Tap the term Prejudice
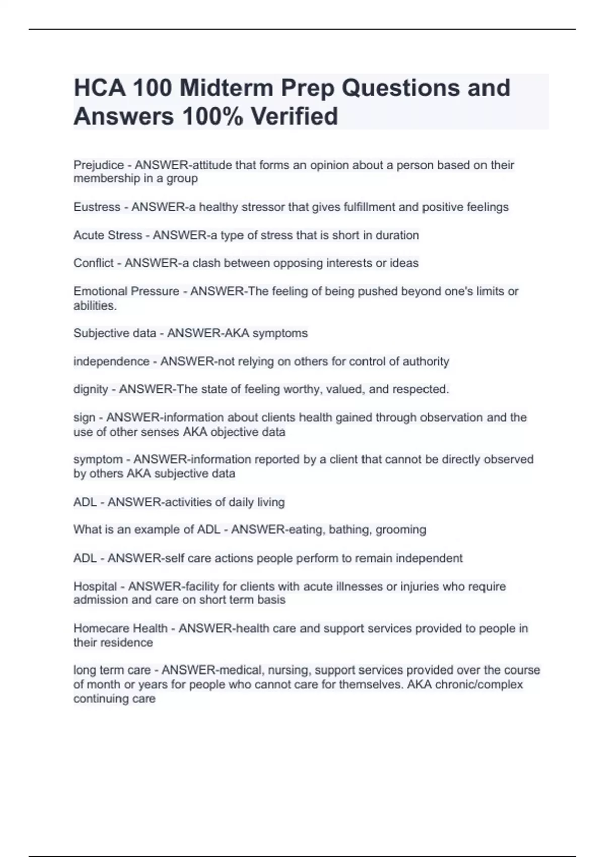point(98,165)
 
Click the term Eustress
point(97,207)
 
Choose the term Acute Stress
point(107,235)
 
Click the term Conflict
point(93,263)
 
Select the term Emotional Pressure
point(126,291)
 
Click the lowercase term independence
point(111,361)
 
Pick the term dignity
point(90,389)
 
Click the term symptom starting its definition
point(98,459)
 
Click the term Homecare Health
point(120,628)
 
